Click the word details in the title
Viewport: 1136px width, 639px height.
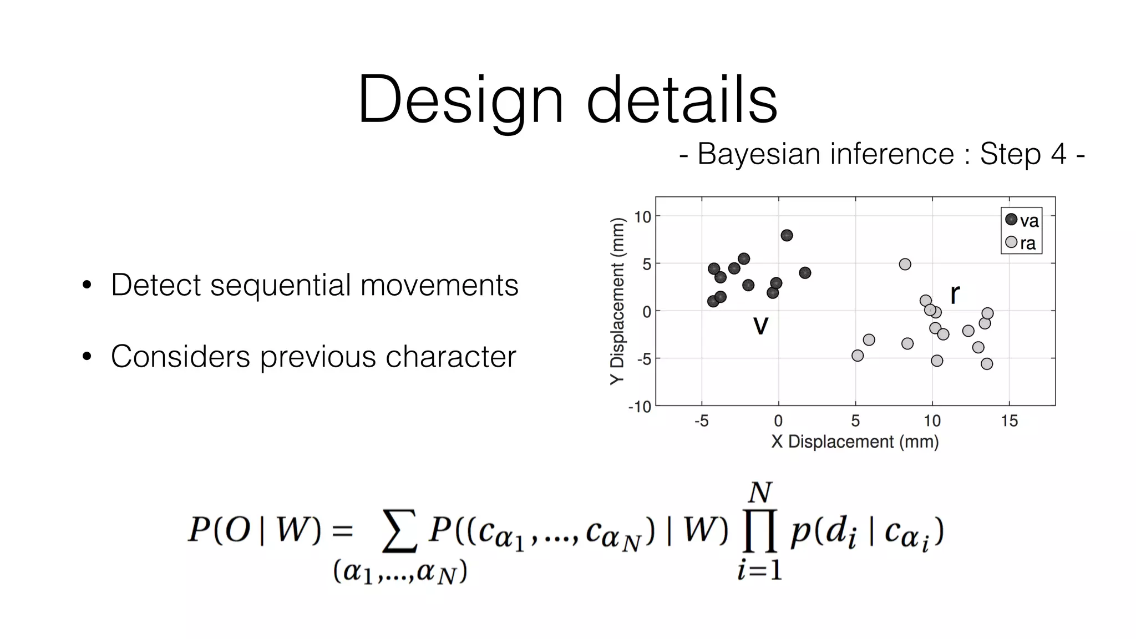682,100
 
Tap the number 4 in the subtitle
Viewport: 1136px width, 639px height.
1058,154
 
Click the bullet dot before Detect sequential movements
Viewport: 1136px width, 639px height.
87,286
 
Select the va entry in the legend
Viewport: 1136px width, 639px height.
1022,220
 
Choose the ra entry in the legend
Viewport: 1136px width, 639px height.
1021,243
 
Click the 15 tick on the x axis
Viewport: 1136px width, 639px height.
1009,421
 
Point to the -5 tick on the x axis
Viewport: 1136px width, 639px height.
701,421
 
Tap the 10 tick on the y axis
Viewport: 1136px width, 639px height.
642,217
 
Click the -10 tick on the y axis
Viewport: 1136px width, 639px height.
640,407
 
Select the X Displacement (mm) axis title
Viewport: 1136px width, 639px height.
855,442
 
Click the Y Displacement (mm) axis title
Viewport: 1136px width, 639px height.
617,301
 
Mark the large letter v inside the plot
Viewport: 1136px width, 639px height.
760,325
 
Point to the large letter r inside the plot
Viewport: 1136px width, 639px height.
955,294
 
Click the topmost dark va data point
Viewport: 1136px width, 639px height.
787,235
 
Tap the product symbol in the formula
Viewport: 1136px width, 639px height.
759,532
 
